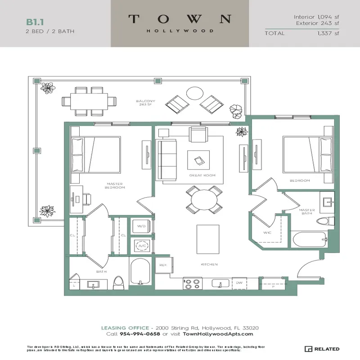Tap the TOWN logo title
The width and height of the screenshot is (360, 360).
[x=180, y=19]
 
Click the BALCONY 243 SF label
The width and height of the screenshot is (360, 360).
[x=146, y=103]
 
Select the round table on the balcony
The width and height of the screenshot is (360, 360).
[x=195, y=93]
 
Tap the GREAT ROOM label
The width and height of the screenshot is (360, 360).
[x=202, y=175]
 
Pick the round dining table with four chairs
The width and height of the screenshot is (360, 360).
[x=203, y=200]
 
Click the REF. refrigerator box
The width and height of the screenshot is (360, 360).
[x=163, y=265]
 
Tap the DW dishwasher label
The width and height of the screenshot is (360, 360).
[x=239, y=283]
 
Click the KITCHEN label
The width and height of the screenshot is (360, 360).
[x=209, y=264]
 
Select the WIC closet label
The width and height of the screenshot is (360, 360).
[x=267, y=232]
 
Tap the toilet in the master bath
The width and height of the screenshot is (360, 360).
[x=324, y=221]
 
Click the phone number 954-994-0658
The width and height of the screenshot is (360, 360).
[x=140, y=334]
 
